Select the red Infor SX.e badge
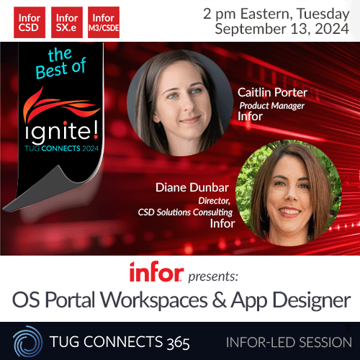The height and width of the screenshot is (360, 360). pyautogui.click(x=66, y=22)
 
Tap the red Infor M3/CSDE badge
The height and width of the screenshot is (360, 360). pyautogui.click(x=104, y=22)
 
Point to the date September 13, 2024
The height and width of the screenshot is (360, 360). pyautogui.click(x=282, y=30)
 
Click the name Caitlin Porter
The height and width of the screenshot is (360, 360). pyautogui.click(x=271, y=93)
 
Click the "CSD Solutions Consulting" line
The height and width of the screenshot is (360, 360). pyautogui.click(x=185, y=212)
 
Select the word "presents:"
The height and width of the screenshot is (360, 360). pyautogui.click(x=214, y=274)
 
